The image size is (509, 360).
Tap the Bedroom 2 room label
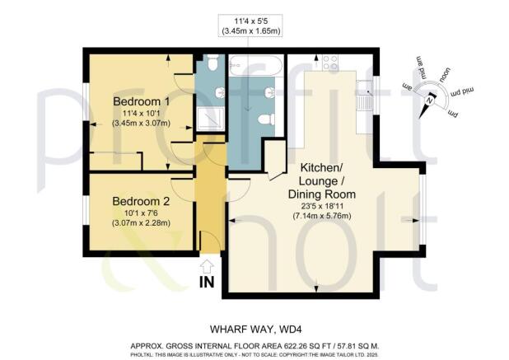(140, 201)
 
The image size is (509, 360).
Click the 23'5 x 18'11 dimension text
(308, 206)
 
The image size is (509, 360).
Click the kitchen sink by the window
(364, 98)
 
